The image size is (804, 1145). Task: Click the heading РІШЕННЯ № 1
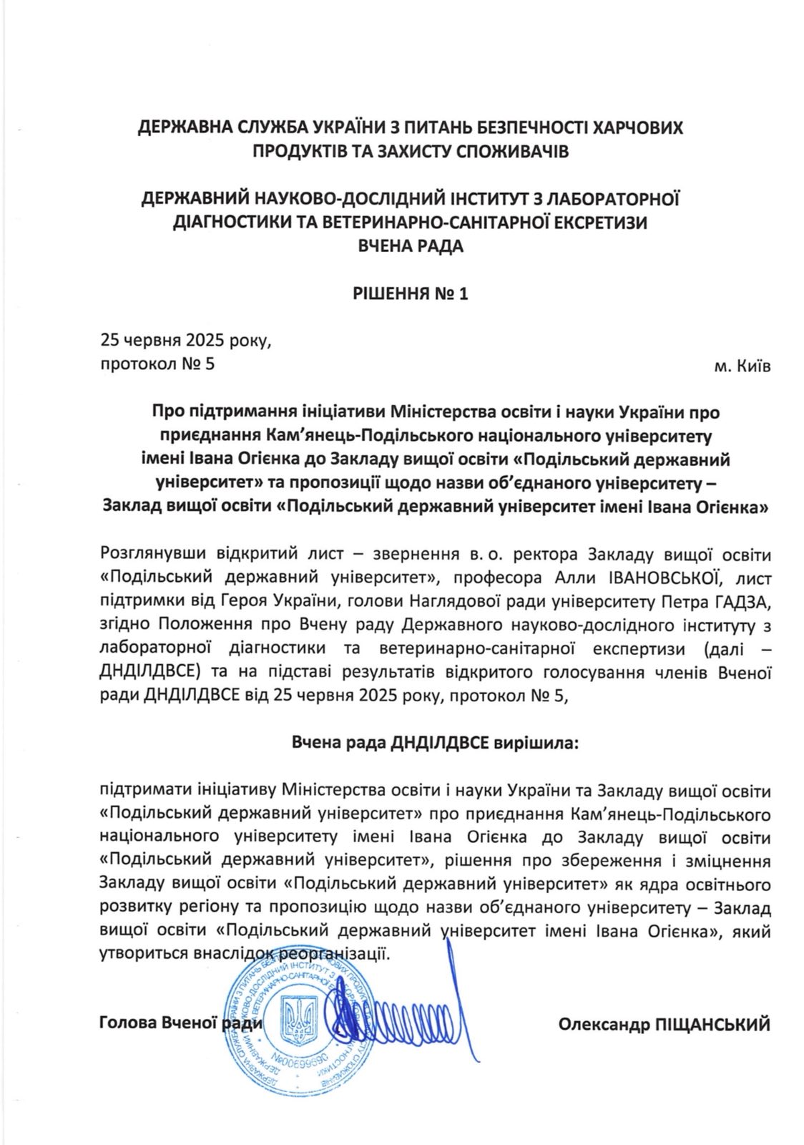click(411, 293)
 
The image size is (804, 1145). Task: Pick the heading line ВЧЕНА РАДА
click(411, 246)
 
